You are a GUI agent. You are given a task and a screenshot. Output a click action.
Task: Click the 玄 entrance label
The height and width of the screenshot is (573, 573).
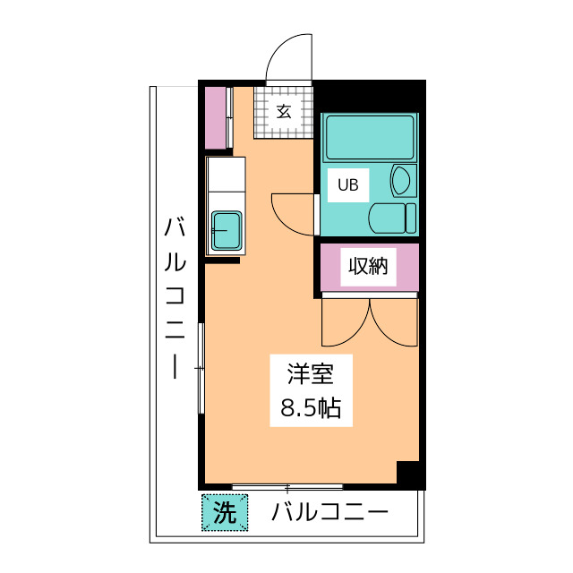coord(283,112)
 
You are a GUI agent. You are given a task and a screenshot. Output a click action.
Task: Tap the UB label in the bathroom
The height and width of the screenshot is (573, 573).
coord(346,185)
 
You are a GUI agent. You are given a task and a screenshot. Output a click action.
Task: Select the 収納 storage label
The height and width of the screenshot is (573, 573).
coord(368,266)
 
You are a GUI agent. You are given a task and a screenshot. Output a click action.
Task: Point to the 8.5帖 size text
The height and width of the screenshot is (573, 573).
coord(310,409)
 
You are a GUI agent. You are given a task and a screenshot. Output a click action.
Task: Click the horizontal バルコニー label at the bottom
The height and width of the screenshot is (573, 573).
coord(330,513)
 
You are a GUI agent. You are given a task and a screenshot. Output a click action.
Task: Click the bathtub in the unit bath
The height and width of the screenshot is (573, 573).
coord(369,137)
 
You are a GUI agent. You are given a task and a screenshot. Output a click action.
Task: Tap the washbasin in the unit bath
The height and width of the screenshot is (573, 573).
coord(403,180)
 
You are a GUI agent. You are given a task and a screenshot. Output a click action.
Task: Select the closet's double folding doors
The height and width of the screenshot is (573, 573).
coord(370,322)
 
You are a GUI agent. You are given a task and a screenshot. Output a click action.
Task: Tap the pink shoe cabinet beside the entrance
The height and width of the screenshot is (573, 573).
coord(217,117)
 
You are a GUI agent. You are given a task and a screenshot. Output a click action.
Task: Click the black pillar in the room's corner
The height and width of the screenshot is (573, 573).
coord(408,474)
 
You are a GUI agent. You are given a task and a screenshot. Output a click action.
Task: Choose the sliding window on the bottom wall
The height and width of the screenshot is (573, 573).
coord(287,487)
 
